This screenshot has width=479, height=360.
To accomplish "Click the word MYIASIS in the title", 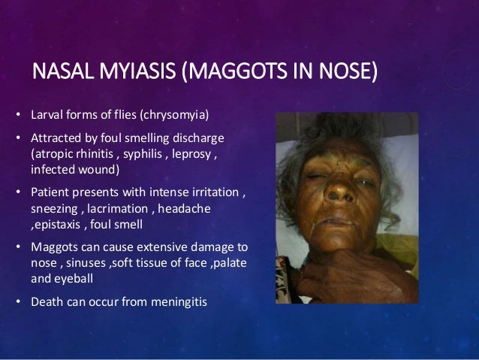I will [130, 74].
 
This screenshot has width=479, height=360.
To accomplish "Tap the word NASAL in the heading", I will [58, 74].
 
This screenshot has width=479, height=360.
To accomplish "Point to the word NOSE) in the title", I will [346, 74].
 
